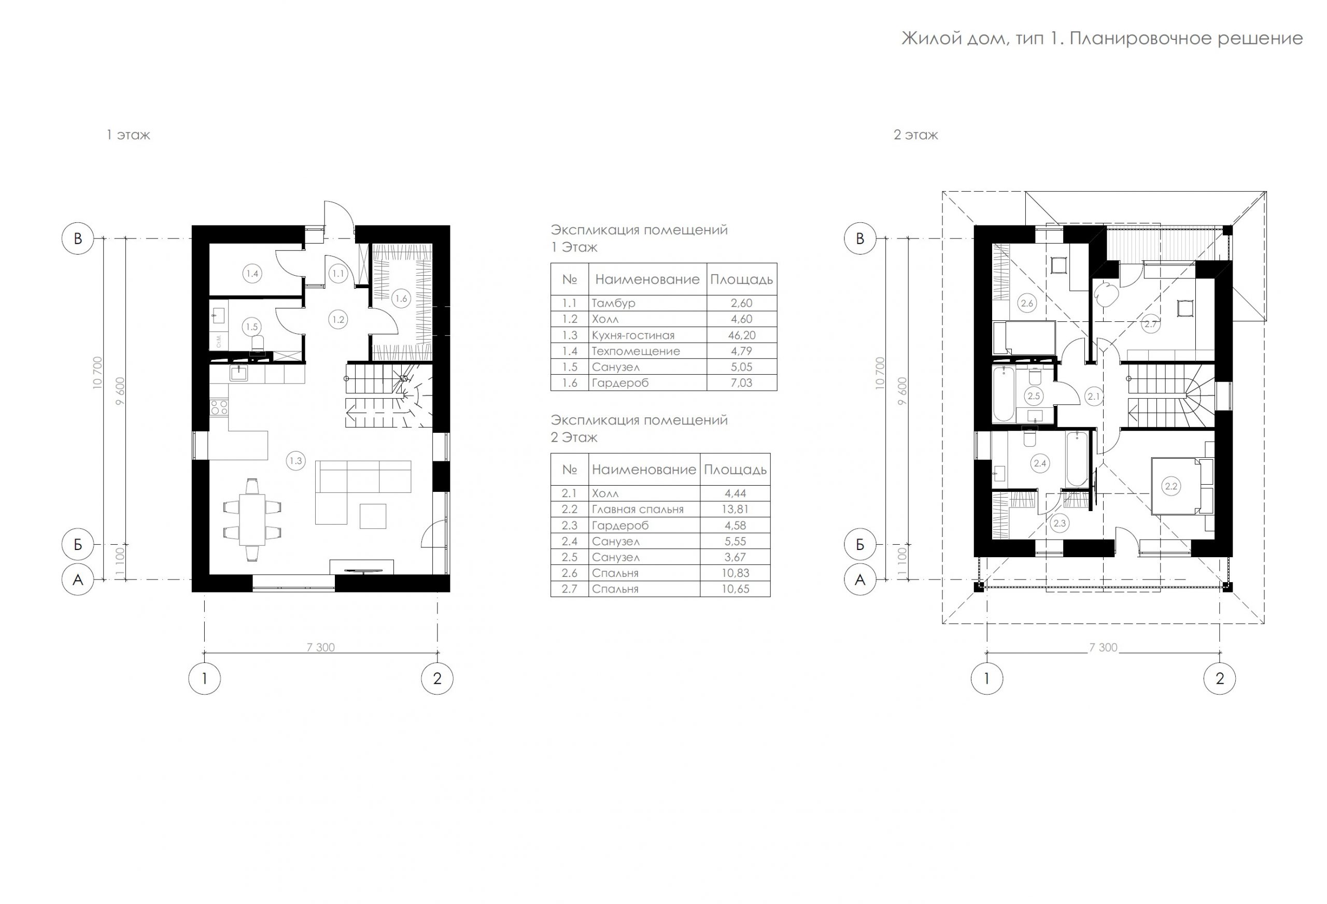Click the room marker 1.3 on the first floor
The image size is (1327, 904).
tap(296, 461)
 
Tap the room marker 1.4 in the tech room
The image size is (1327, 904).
tap(252, 274)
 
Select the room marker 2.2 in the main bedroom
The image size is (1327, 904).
tap(1171, 487)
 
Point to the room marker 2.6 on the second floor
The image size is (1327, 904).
tap(1027, 303)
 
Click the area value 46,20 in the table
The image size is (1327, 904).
tap(741, 335)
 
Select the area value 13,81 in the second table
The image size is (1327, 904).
tap(736, 510)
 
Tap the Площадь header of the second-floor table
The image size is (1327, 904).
tap(735, 470)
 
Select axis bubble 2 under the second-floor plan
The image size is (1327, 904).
tap(1220, 679)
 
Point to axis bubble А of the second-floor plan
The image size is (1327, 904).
tap(860, 580)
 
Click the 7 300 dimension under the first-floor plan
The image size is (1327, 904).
tap(321, 647)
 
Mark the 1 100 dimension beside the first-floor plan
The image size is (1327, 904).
tap(119, 562)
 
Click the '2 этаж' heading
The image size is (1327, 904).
tap(916, 135)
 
